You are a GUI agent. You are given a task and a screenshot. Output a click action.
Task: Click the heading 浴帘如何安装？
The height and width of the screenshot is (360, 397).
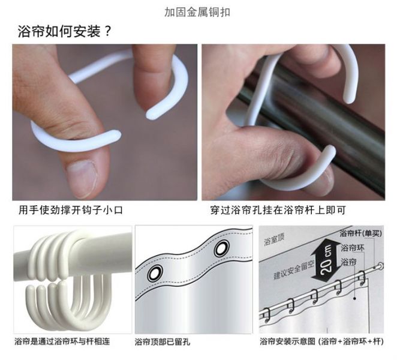64,32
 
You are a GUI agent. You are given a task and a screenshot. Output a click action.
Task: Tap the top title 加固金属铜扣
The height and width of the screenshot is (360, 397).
197,12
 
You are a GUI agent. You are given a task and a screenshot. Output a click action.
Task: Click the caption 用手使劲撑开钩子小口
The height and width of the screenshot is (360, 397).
71,210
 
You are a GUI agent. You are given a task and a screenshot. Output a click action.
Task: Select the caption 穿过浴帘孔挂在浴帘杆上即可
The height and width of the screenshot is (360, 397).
278,210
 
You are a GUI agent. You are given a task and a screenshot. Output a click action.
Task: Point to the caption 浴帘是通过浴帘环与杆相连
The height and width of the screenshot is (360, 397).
62,341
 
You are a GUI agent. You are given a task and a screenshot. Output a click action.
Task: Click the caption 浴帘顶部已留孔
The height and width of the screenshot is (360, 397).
163,342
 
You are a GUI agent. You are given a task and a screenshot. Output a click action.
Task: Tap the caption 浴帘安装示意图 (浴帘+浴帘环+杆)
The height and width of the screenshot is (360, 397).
321,341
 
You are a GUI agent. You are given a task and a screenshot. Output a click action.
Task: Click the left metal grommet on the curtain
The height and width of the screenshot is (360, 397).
155,274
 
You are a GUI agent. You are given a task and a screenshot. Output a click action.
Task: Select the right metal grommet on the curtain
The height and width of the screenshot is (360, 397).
222,249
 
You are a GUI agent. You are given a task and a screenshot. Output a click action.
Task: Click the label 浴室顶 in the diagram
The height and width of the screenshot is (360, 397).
274,239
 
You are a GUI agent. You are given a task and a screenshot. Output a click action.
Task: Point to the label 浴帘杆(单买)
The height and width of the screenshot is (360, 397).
360,233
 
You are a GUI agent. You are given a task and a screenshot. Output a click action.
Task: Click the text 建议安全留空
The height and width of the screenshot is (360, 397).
294,269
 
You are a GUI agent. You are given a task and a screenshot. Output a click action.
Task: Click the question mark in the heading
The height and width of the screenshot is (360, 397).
107,32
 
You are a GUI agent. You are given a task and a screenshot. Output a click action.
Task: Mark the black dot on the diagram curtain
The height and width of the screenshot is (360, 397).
354,298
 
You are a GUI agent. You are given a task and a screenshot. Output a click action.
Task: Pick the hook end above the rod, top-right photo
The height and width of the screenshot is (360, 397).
350,99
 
